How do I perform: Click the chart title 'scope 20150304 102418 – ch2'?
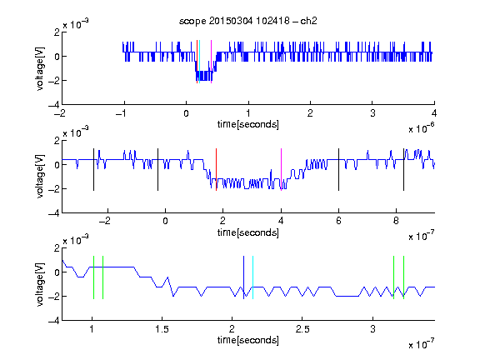point(248,21)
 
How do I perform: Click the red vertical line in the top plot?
point(197,62)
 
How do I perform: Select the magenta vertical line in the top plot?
point(211,62)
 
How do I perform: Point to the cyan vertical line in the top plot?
point(199,62)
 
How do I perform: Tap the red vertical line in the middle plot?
point(216,170)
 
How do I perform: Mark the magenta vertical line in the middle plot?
point(281,170)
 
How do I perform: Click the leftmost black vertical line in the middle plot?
point(93,170)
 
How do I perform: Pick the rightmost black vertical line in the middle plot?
point(403,170)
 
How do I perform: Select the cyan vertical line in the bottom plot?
point(252,277)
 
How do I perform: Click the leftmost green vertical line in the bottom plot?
point(93,277)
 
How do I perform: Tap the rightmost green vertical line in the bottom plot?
point(404,277)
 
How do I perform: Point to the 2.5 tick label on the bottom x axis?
point(302,329)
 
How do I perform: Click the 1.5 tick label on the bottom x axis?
point(162,329)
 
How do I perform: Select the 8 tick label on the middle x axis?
point(396,221)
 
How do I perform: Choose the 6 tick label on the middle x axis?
point(338,221)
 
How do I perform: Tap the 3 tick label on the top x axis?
point(372,113)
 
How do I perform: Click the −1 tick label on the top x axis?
point(122,113)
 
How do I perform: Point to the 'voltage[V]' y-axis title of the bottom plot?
point(40,284)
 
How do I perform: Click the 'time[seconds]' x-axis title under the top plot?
point(248,124)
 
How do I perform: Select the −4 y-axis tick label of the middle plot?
point(53,213)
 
